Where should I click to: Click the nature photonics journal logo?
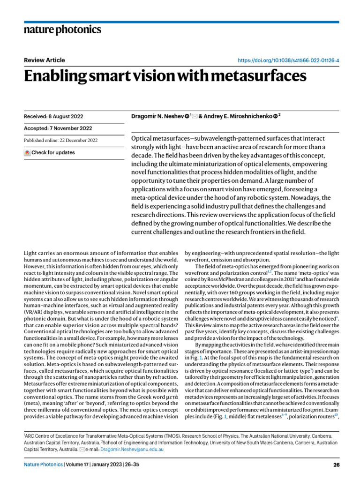tap(62, 30)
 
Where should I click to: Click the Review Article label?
tap(44, 60)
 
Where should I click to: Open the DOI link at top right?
tap(289, 61)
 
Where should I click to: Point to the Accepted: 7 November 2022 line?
tap(57, 128)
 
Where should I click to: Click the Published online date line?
tap(60, 140)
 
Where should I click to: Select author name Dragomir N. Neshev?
tap(157, 116)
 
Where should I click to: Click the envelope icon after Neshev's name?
tap(195, 116)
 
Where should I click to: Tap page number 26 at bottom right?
tap(336, 465)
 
